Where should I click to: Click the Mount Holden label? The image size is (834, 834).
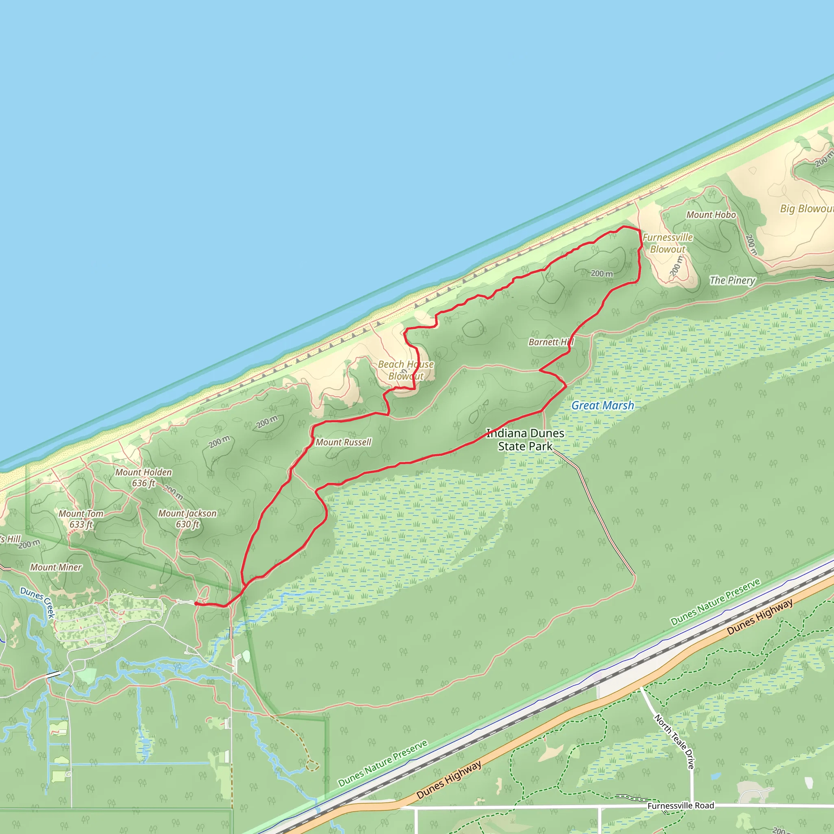[x=143, y=472]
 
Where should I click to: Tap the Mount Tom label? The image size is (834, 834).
[x=81, y=514]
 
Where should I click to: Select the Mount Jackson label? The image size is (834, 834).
[x=187, y=513]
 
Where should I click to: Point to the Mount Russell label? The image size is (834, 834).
[x=343, y=442]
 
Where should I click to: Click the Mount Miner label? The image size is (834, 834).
[x=56, y=567]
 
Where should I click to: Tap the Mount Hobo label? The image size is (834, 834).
[x=711, y=215]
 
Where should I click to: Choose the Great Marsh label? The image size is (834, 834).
[x=603, y=405]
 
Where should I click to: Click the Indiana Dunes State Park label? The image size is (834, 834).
[x=525, y=439]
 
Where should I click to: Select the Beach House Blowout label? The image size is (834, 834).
[x=406, y=370]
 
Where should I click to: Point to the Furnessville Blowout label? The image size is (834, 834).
[x=667, y=243]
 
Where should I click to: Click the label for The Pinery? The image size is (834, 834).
[x=733, y=280]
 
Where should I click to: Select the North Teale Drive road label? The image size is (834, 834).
[x=674, y=741]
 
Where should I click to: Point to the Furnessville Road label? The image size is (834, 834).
[x=680, y=805]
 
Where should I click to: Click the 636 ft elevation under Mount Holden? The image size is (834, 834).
[x=143, y=483]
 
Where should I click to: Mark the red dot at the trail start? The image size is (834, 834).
[x=196, y=604]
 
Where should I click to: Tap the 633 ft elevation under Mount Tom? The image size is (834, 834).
[x=81, y=525]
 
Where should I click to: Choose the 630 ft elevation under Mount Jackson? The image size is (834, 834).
[x=187, y=524]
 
